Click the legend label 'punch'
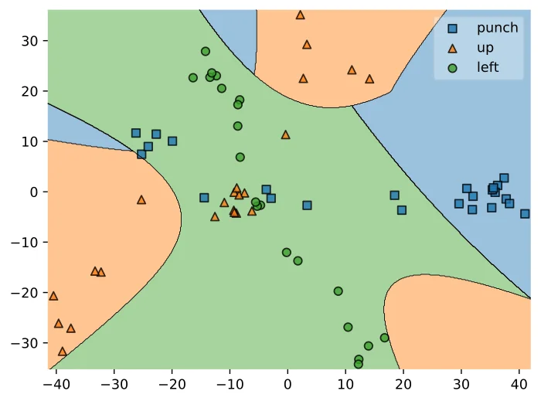click(497, 29)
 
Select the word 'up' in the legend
click(485, 48)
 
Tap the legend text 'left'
click(488, 67)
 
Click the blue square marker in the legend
click(452, 29)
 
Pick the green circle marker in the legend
click(452, 68)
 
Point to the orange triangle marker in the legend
click(452, 49)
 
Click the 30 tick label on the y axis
click(29, 41)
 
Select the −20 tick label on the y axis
click(25, 293)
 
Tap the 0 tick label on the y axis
click(34, 192)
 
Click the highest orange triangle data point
click(300, 15)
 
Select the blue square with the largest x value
click(525, 214)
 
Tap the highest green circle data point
click(206, 51)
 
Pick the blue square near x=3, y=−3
click(307, 206)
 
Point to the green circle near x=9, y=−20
click(339, 291)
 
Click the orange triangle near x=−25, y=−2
click(141, 199)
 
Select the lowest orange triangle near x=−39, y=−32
click(62, 352)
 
